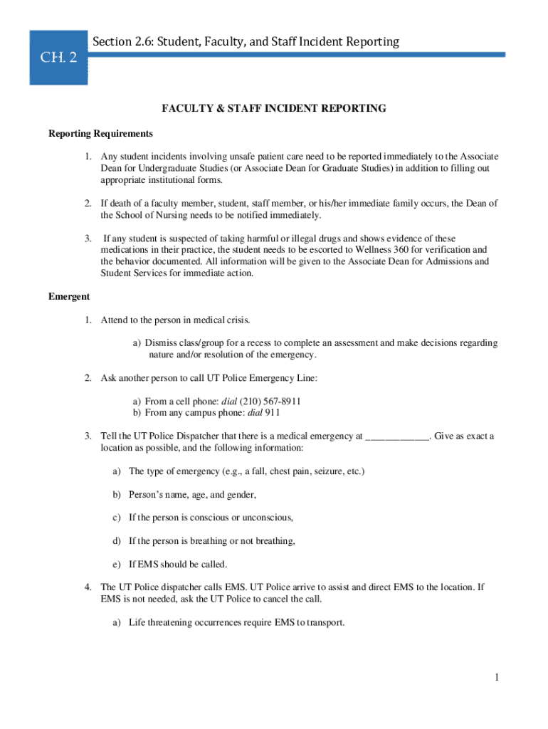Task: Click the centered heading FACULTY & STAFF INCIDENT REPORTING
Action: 274,109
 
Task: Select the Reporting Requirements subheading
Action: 100,134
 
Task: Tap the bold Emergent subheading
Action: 69,296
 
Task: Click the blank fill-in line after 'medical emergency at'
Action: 397,436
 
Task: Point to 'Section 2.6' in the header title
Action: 122,42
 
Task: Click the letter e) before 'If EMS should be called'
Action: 117,565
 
